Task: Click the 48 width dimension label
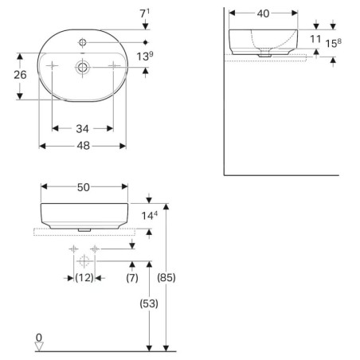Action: pos(83,146)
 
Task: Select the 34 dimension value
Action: pos(82,129)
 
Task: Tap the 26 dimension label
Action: pos(20,75)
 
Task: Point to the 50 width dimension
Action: pos(84,187)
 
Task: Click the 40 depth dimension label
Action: pos(263,14)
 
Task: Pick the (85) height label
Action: pos(166,278)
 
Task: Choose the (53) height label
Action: pos(149,303)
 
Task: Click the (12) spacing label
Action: pos(84,278)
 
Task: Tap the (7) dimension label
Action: pos(132,278)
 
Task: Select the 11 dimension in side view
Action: pos(315,39)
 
